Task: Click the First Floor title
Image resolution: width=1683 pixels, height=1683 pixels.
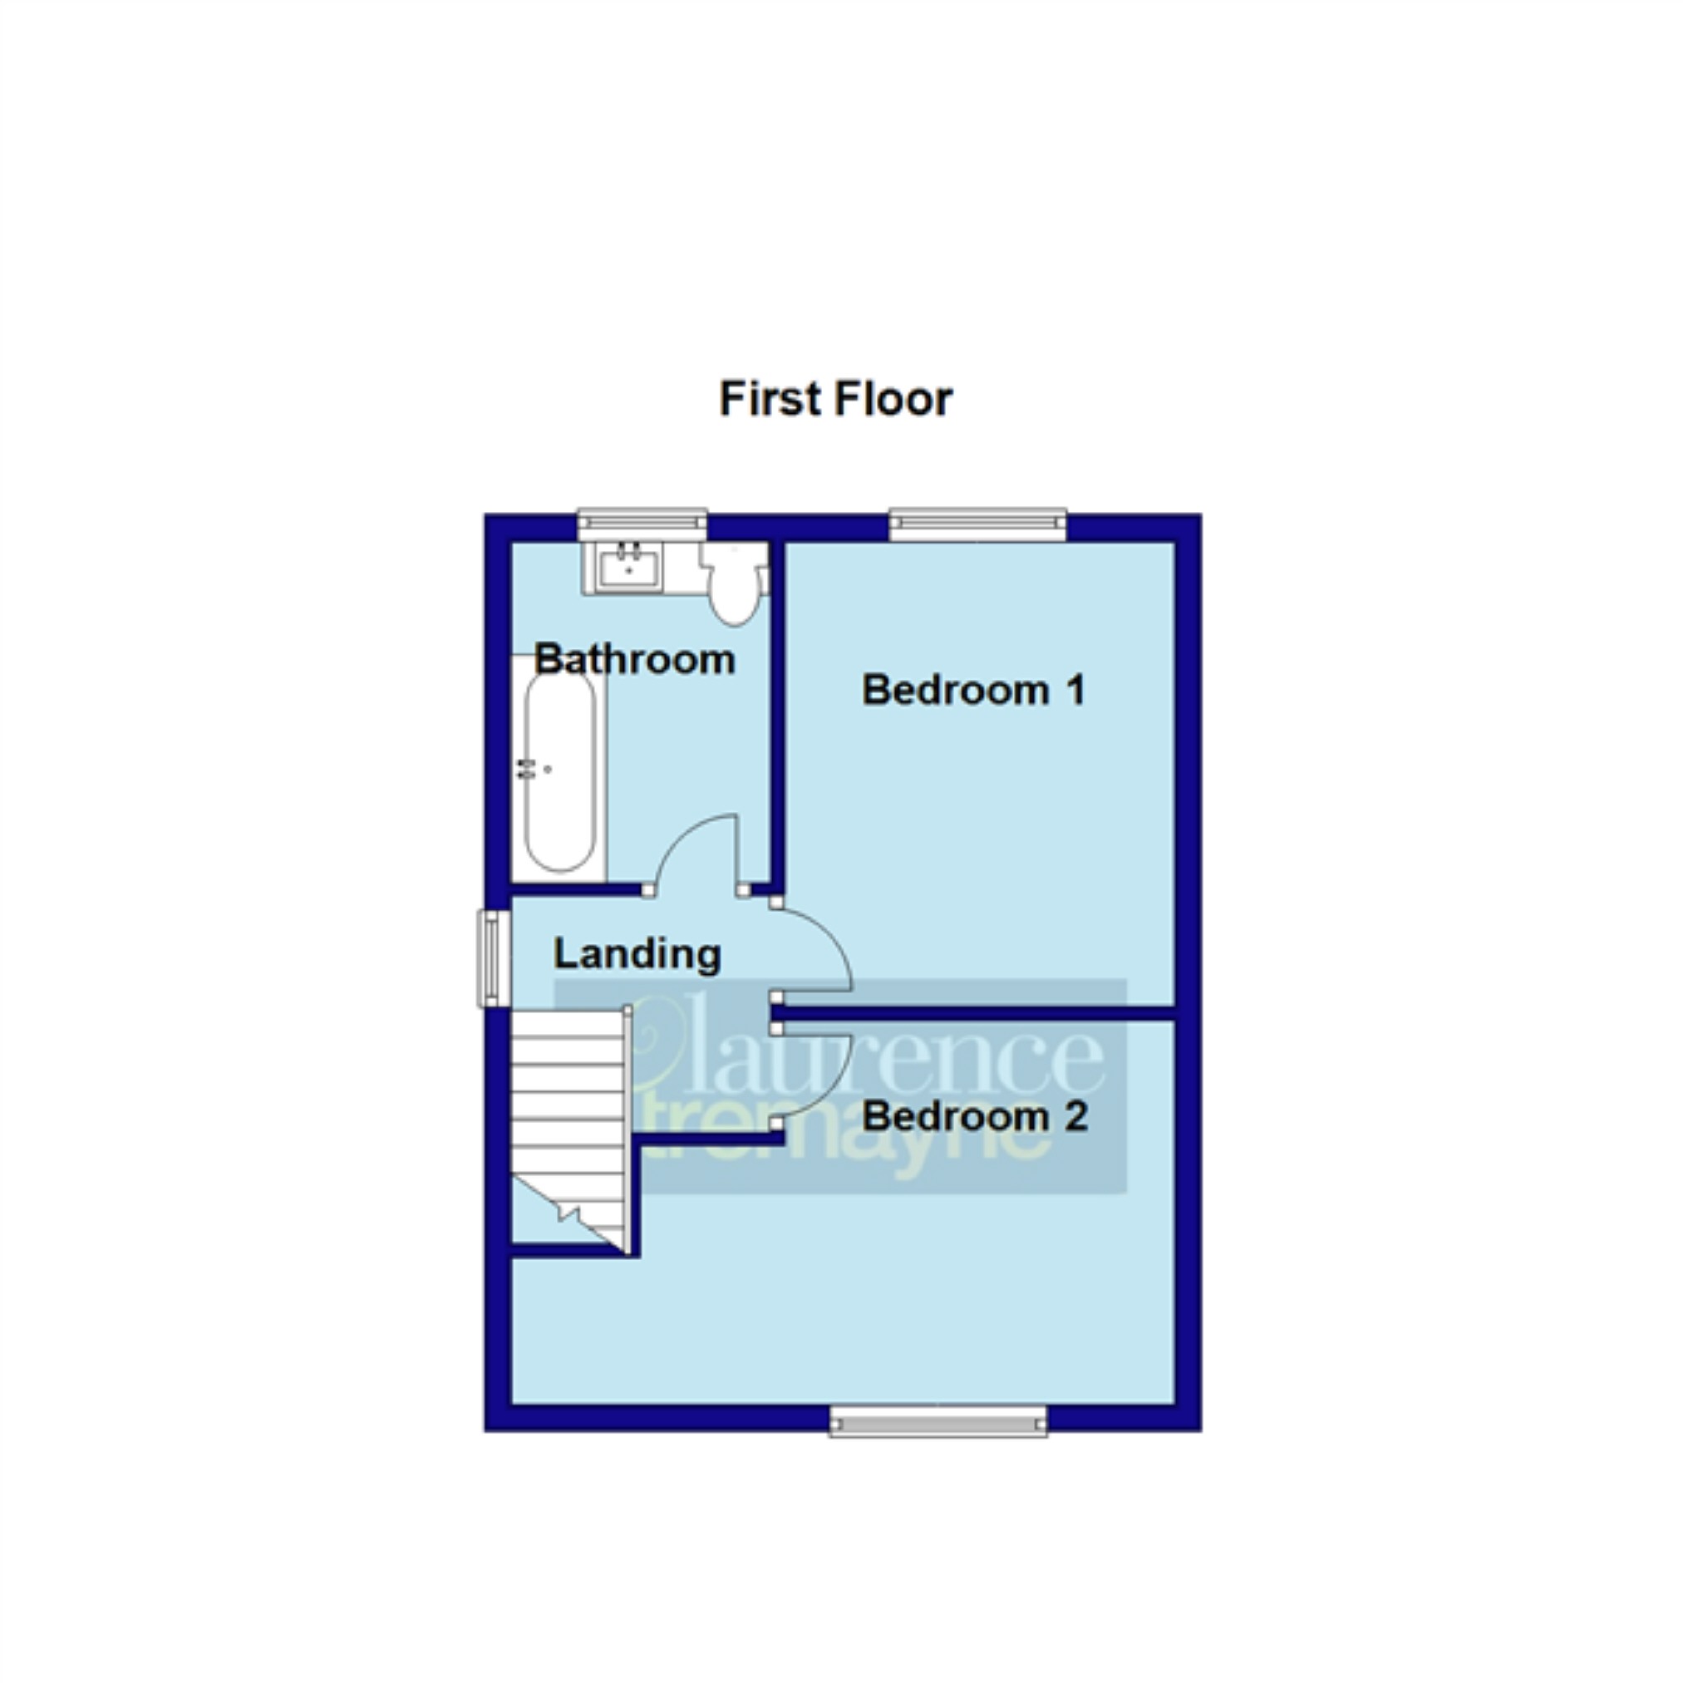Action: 835,400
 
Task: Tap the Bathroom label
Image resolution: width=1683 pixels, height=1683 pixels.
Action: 634,659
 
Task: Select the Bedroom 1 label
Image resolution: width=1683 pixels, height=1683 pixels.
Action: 973,690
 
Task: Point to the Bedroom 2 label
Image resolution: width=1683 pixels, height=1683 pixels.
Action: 975,1116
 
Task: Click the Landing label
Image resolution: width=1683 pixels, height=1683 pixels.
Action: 637,954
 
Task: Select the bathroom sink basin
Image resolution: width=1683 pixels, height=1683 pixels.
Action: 628,565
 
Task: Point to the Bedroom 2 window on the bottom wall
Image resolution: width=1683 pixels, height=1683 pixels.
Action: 938,1424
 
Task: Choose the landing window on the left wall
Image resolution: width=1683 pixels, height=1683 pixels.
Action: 493,958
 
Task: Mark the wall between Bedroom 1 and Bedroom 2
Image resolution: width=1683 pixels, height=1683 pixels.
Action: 976,1012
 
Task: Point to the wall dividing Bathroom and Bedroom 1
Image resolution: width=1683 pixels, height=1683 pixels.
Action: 778,714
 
